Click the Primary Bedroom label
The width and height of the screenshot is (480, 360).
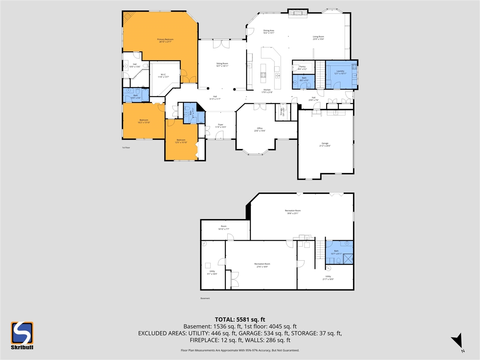(165, 40)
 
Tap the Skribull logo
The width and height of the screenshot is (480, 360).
(22, 335)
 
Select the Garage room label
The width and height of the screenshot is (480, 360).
(325, 144)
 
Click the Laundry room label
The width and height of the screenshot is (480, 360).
(340, 72)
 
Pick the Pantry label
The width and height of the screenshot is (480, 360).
(302, 68)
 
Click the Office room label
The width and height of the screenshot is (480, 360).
(260, 129)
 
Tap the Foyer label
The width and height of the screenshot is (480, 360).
(220, 126)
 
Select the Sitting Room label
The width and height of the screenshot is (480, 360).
(222, 65)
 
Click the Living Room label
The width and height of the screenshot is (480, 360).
(318, 38)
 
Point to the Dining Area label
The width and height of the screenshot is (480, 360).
(268, 31)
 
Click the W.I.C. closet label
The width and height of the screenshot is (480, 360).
(163, 75)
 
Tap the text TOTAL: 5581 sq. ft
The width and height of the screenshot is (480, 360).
(240, 319)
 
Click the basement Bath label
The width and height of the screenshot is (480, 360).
(336, 252)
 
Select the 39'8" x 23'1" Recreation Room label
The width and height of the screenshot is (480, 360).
(292, 212)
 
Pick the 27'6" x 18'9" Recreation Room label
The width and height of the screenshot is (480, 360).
(262, 265)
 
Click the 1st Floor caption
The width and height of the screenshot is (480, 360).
(126, 148)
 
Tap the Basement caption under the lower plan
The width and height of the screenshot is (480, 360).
(205, 298)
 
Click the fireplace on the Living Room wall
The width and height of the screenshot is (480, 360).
(298, 13)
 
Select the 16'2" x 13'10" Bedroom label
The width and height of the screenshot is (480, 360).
(144, 121)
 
